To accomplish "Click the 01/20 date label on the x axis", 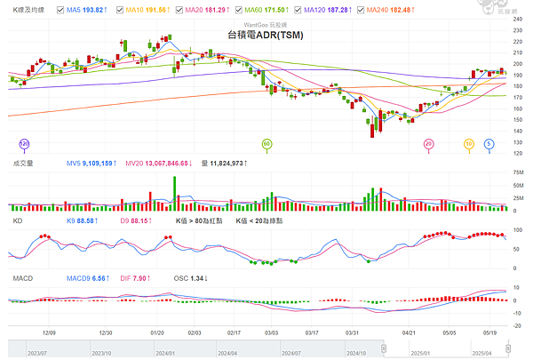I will pyautogui.click(x=161, y=332).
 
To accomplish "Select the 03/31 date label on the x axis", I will pyautogui.click(x=354, y=332).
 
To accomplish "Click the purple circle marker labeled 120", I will pyautogui.click(x=25, y=143).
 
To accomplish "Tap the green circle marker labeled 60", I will pyautogui.click(x=266, y=143).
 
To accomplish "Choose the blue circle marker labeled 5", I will pyautogui.click(x=489, y=143).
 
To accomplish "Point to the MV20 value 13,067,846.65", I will pyautogui.click(x=163, y=164).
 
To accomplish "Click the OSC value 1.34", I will pyautogui.click(x=198, y=278).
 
